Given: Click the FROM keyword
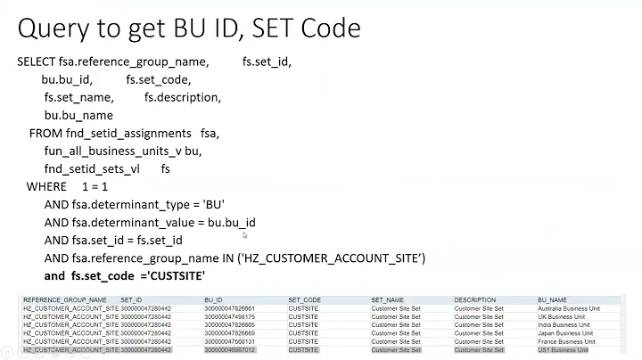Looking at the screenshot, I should coord(46,133).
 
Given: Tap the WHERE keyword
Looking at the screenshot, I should coord(46,186).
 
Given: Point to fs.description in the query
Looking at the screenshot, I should coord(182,97).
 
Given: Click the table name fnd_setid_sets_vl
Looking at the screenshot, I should coord(94,168).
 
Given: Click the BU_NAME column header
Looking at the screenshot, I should coord(553,300).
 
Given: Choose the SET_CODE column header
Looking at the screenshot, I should coord(304,300).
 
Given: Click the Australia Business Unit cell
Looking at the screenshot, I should coord(569,308).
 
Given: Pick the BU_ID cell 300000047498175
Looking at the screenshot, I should coord(229,316).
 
